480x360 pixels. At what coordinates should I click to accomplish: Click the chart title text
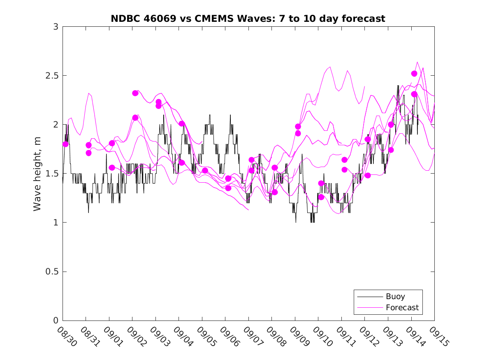click(248, 19)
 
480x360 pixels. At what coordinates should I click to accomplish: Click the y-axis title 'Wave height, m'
click(37, 173)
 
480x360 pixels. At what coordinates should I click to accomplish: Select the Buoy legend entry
click(395, 296)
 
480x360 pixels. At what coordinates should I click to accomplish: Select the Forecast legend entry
click(402, 307)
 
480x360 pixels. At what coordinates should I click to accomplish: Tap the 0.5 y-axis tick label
click(52, 272)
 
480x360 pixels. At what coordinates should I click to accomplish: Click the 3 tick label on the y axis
click(56, 27)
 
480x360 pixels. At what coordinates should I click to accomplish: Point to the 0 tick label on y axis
click(56, 321)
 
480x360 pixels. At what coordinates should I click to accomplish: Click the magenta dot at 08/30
click(65, 144)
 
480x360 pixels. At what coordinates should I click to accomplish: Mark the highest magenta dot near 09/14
click(414, 74)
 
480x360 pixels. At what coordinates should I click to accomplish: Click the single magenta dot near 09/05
click(205, 170)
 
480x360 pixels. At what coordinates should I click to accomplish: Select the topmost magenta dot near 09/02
click(135, 93)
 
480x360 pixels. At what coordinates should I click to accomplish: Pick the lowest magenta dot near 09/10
click(321, 197)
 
